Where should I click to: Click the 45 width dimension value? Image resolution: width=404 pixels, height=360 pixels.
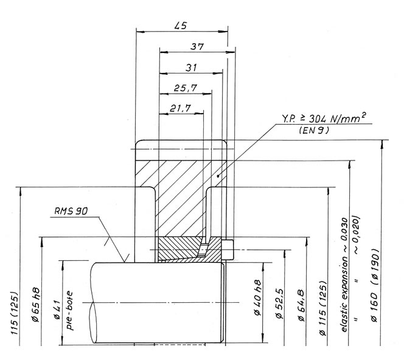pyautogui.click(x=180, y=26)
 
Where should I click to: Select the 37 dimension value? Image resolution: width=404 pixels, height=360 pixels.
pyautogui.click(x=197, y=47)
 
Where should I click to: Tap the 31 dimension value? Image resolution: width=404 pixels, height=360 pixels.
pyautogui.click(x=191, y=67)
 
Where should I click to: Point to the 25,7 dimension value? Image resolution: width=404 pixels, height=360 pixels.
pyautogui.click(x=186, y=88)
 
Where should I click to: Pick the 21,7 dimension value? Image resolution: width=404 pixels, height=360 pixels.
pyautogui.click(x=180, y=108)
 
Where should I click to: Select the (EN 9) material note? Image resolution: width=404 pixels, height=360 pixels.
pyautogui.click(x=314, y=130)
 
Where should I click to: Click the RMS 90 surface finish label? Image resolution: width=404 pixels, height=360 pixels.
pyautogui.click(x=71, y=211)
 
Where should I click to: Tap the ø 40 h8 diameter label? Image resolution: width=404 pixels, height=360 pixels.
pyautogui.click(x=257, y=297)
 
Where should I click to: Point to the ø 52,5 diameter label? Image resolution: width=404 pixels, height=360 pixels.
pyautogui.click(x=280, y=304)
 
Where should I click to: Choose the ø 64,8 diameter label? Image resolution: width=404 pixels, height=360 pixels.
pyautogui.click(x=301, y=306)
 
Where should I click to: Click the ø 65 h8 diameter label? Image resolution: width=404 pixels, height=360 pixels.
pyautogui.click(x=36, y=304)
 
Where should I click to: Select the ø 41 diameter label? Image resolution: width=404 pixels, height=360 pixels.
pyautogui.click(x=57, y=310)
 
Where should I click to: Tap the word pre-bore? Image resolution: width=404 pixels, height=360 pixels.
pyautogui.click(x=69, y=311)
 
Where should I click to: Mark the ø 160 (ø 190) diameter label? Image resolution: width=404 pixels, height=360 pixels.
pyautogui.click(x=375, y=285)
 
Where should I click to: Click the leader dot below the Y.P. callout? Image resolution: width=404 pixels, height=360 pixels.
pyautogui.click(x=218, y=176)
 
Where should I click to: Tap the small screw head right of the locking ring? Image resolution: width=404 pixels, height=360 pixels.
pyautogui.click(x=228, y=250)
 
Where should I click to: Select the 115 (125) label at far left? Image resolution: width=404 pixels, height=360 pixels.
pyautogui.click(x=15, y=313)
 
